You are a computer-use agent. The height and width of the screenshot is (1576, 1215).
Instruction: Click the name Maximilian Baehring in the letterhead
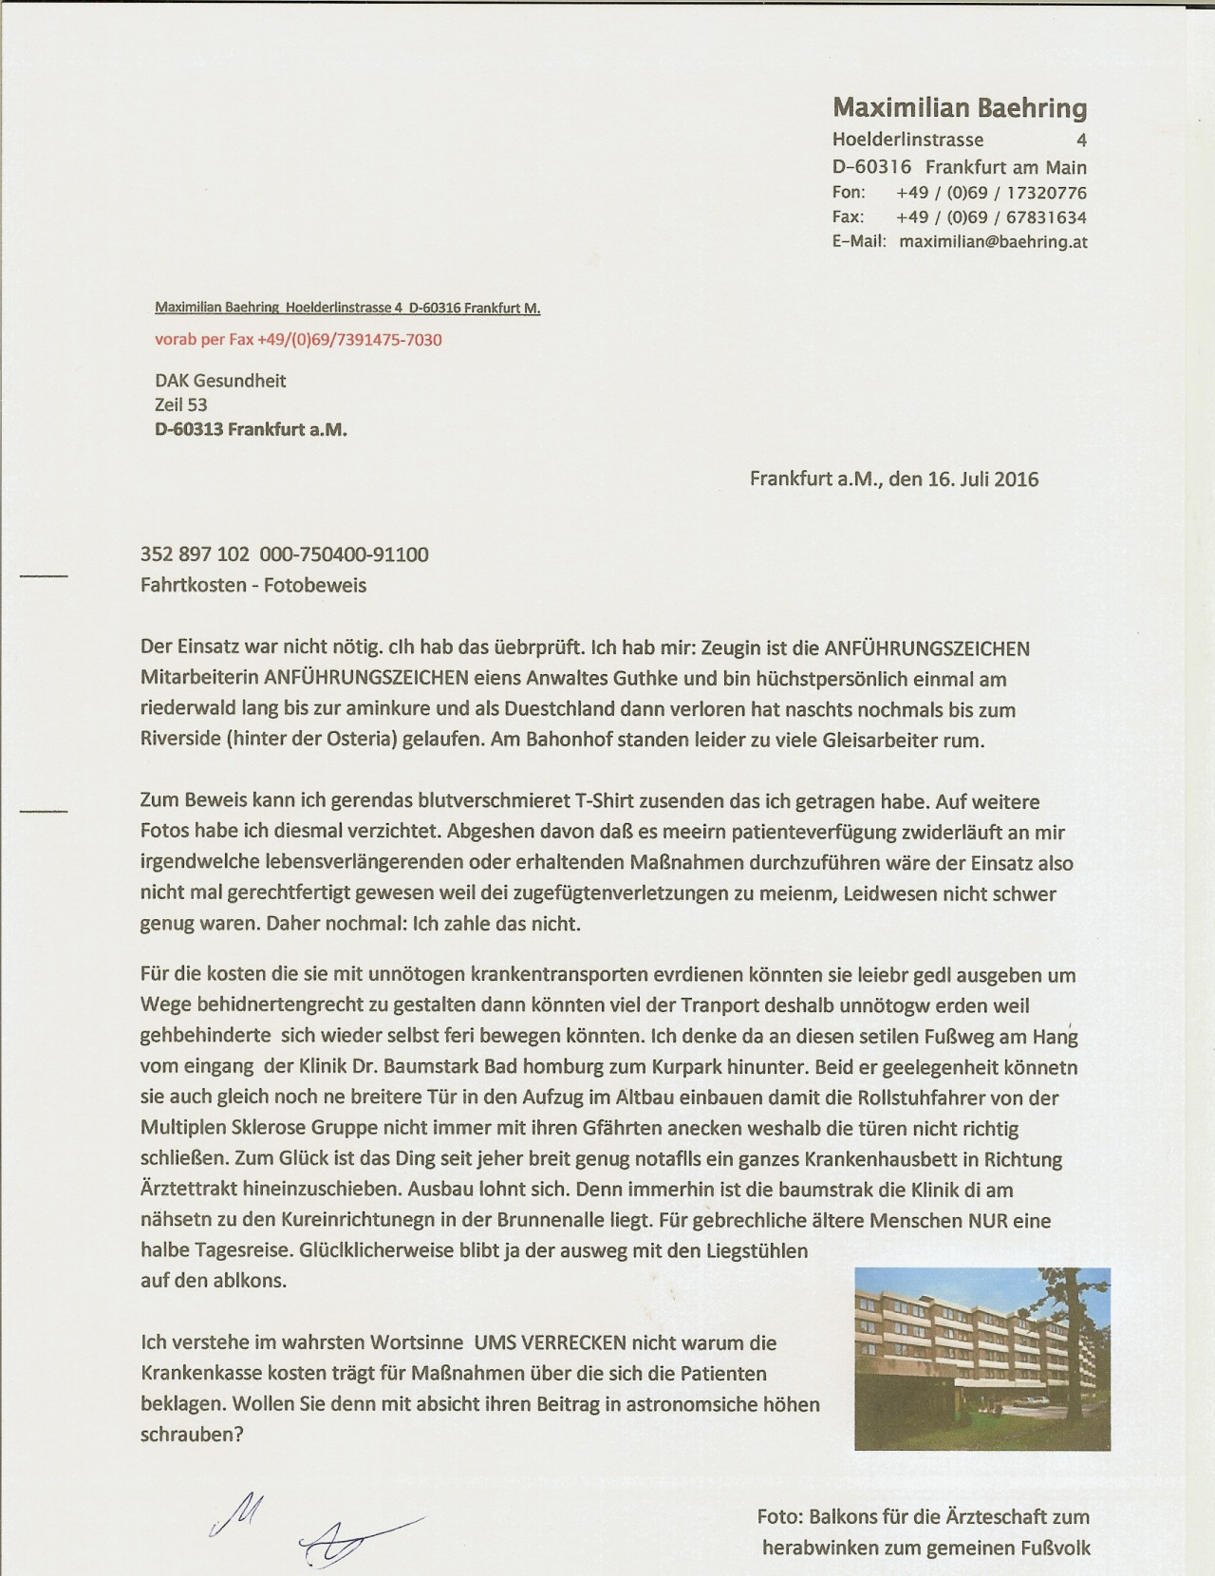(960, 108)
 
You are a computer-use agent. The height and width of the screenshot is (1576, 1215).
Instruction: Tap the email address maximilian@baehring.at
(993, 242)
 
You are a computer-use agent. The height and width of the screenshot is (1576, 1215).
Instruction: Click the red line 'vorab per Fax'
(298, 340)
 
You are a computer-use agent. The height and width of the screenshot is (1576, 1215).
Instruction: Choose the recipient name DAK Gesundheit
(220, 381)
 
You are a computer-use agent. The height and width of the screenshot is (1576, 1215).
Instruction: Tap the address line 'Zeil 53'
(180, 405)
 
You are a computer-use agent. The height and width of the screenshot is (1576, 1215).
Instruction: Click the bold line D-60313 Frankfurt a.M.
(251, 429)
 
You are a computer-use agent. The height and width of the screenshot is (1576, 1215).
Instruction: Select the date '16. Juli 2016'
(982, 478)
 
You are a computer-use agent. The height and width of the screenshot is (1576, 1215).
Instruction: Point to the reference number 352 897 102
(195, 554)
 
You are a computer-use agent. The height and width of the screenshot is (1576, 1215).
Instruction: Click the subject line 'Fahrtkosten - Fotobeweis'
(252, 585)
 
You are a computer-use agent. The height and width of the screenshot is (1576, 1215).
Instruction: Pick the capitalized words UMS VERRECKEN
(550, 1342)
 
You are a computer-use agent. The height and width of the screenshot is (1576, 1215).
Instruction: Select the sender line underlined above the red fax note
(347, 309)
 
